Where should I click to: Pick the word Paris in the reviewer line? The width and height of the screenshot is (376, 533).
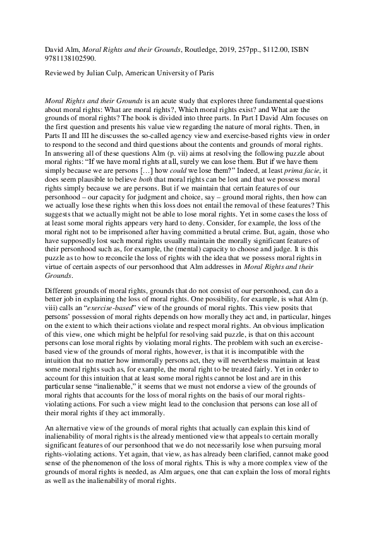(x=203, y=73)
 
